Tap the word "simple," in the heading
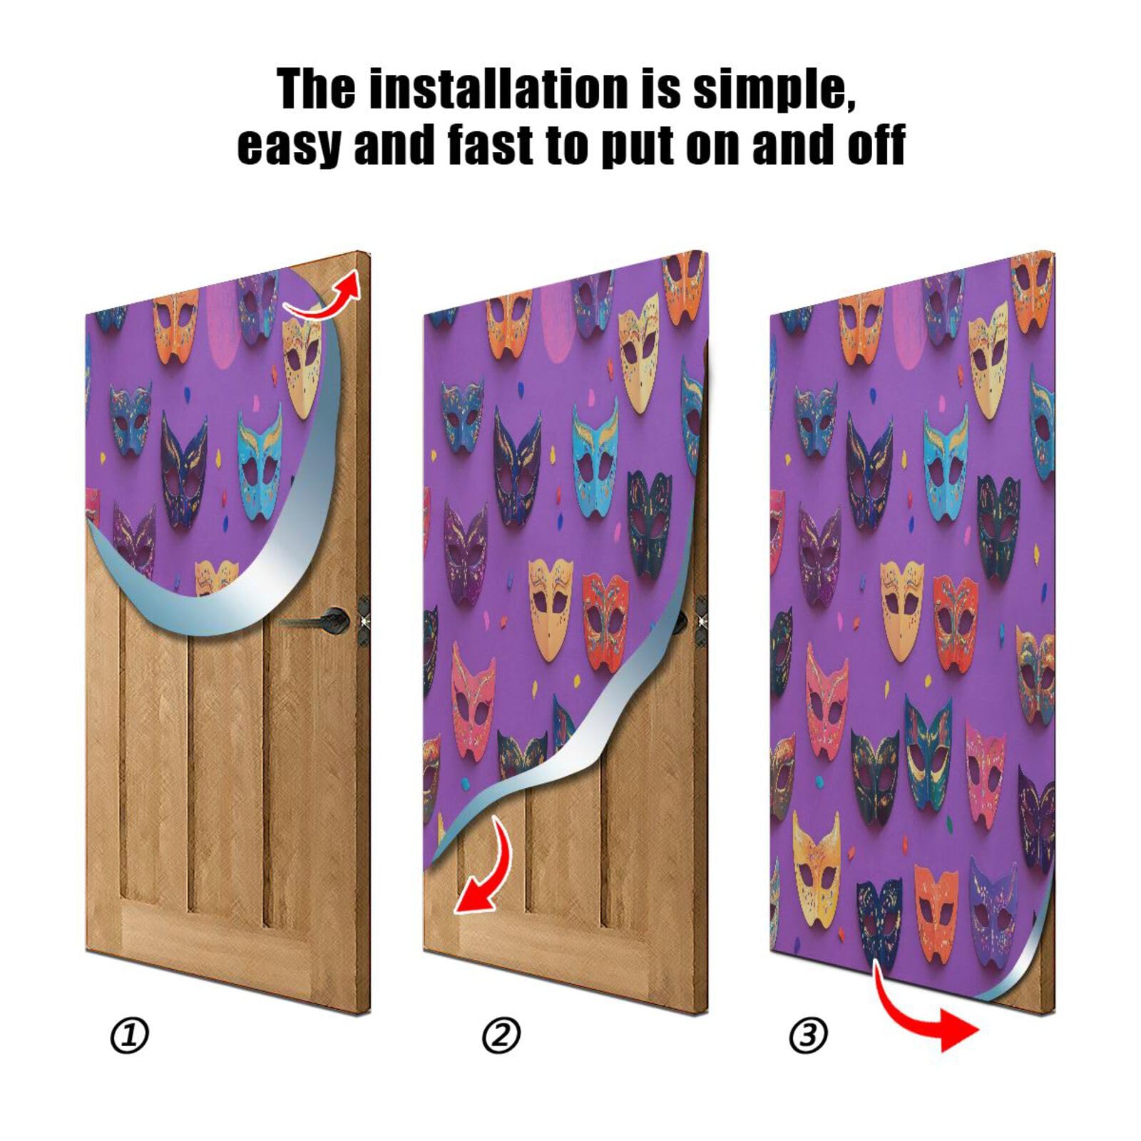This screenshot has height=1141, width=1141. coord(774,91)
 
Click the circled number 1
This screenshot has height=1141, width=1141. coord(130,1035)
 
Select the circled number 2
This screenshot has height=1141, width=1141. coord(501,1035)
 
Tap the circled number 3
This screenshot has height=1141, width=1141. coord(808,1035)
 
